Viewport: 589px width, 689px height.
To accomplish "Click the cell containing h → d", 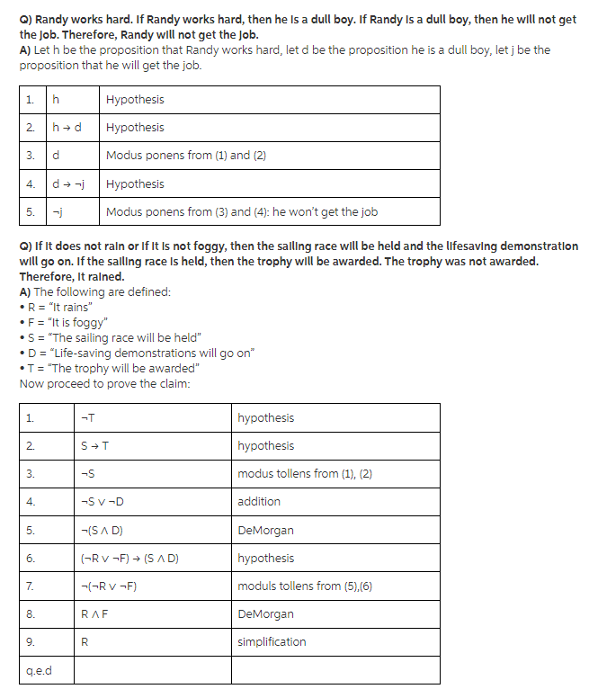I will coord(68,128).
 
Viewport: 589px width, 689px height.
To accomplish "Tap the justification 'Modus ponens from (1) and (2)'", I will coord(178,156).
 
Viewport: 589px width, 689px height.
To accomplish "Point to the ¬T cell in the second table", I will coord(87,417).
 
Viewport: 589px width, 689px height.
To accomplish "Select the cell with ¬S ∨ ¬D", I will coord(102,502).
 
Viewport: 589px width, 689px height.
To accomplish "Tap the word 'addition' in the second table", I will coord(259,502).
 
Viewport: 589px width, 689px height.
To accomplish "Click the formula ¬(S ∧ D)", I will coord(102,530).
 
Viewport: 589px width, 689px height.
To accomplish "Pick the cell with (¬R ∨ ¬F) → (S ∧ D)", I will coord(129,559).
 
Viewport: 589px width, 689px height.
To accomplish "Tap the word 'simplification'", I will coord(272,642).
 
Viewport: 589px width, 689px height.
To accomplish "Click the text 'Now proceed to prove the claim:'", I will coord(104,383).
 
